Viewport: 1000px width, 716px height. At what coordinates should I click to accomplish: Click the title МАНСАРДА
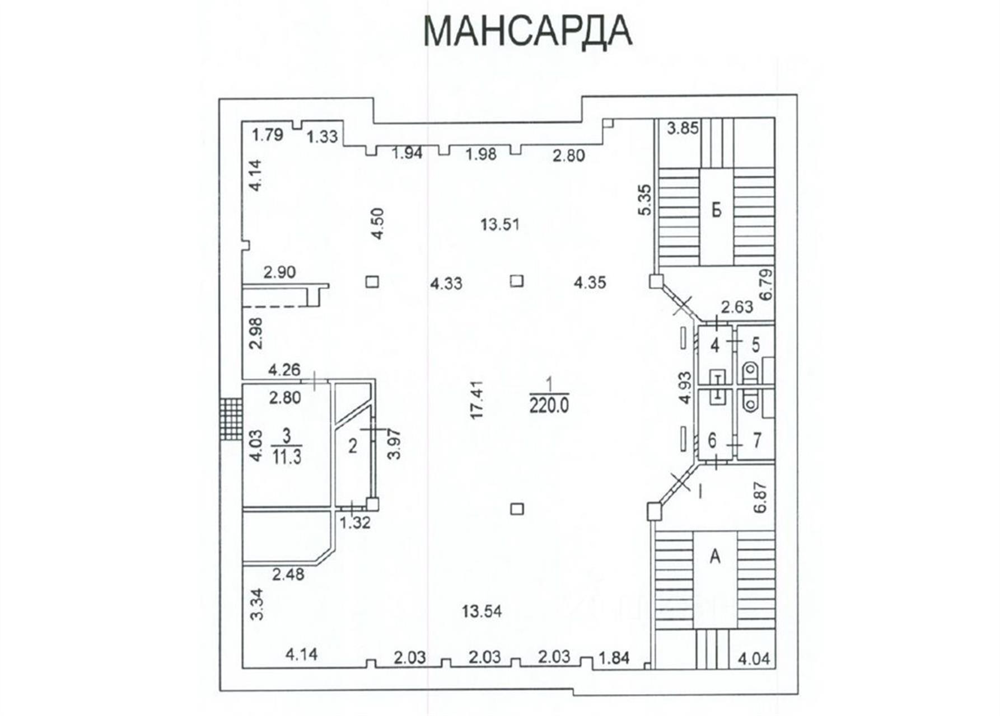tap(528, 31)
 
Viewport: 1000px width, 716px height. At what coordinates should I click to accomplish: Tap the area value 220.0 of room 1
tap(549, 404)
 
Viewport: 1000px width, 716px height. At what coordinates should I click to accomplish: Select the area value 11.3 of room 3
tap(287, 456)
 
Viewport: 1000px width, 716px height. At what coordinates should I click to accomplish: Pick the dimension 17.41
tap(476, 400)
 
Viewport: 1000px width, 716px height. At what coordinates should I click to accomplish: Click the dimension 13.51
tap(500, 225)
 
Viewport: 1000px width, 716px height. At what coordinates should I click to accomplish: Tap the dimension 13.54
tap(482, 611)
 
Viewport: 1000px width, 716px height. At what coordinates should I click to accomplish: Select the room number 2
tap(353, 446)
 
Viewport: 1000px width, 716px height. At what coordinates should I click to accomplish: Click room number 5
tap(756, 345)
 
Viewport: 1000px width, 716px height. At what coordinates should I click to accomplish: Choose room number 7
tap(757, 440)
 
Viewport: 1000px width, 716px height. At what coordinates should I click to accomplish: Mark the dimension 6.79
tap(766, 284)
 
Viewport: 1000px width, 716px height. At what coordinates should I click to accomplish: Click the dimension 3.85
tap(683, 129)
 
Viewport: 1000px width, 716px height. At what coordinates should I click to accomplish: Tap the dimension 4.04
tap(754, 658)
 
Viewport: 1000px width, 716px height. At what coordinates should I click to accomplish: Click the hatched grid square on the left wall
tap(231, 420)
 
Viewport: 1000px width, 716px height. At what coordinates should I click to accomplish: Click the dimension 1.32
tap(356, 522)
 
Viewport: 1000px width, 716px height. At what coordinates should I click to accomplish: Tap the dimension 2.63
tap(737, 307)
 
